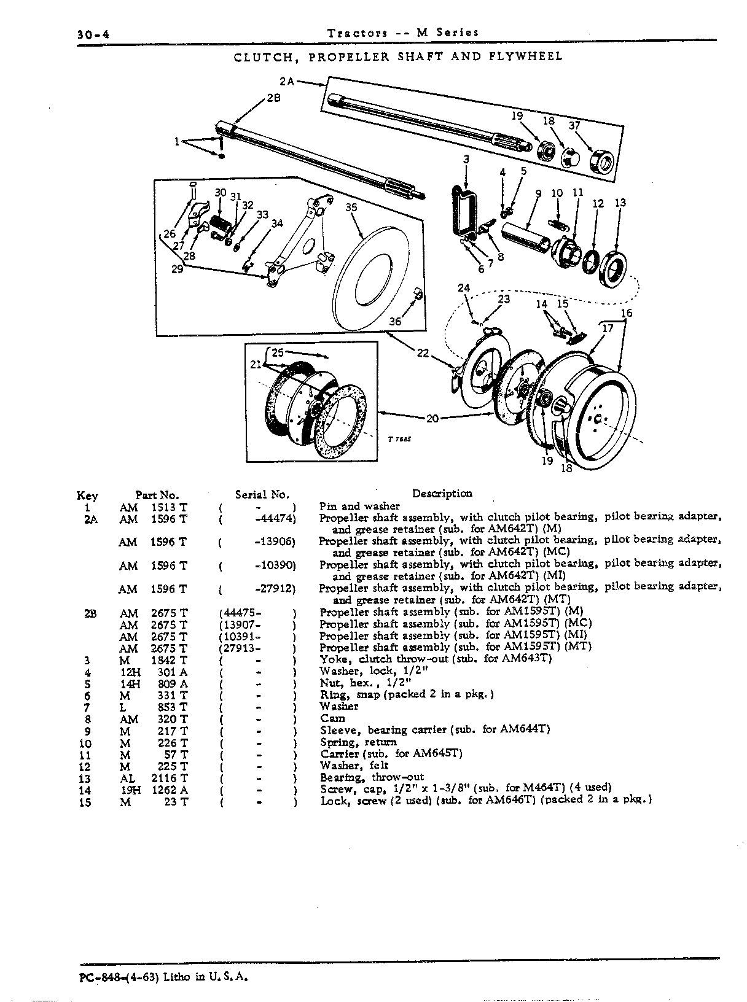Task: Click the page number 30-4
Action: pos(93,34)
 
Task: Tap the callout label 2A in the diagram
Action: pos(287,81)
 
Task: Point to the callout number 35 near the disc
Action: pos(351,207)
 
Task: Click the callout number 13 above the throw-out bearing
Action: pos(620,203)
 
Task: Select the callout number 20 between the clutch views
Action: pos(432,418)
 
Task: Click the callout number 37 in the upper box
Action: pos(575,125)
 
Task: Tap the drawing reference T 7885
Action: pos(399,439)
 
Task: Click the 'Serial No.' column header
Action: pos(262,494)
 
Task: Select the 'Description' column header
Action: pos(442,493)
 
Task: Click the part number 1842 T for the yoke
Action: pos(169,660)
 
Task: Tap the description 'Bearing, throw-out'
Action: pos(372,777)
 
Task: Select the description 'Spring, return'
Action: pos(359,742)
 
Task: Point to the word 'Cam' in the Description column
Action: pos(333,718)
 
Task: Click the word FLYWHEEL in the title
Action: pos(526,56)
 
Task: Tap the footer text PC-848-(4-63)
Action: pos(119,977)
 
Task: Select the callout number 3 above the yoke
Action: pos(466,158)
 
